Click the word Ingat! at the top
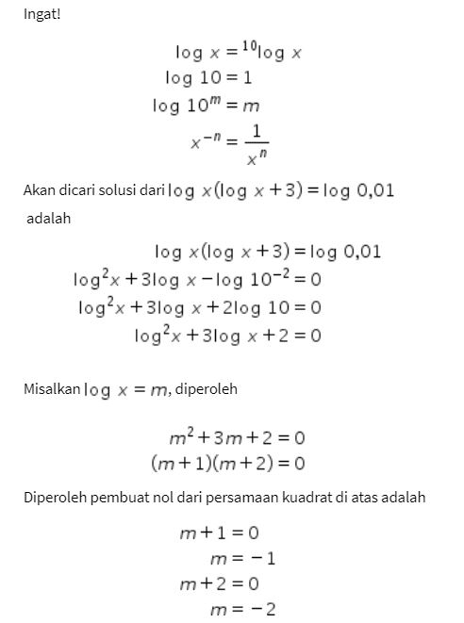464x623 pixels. [x=41, y=16]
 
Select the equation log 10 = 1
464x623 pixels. [x=208, y=78]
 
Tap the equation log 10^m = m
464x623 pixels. [x=206, y=106]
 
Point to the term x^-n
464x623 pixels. [x=207, y=143]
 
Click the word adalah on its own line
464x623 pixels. [x=49, y=219]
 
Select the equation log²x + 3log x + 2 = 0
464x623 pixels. [x=228, y=336]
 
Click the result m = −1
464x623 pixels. [x=242, y=559]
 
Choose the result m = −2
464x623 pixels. [x=242, y=609]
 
